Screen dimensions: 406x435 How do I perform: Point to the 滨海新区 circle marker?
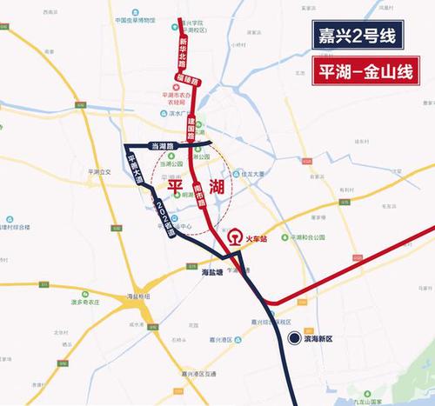tap(295, 338)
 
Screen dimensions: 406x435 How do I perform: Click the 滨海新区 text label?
tap(323, 338)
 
